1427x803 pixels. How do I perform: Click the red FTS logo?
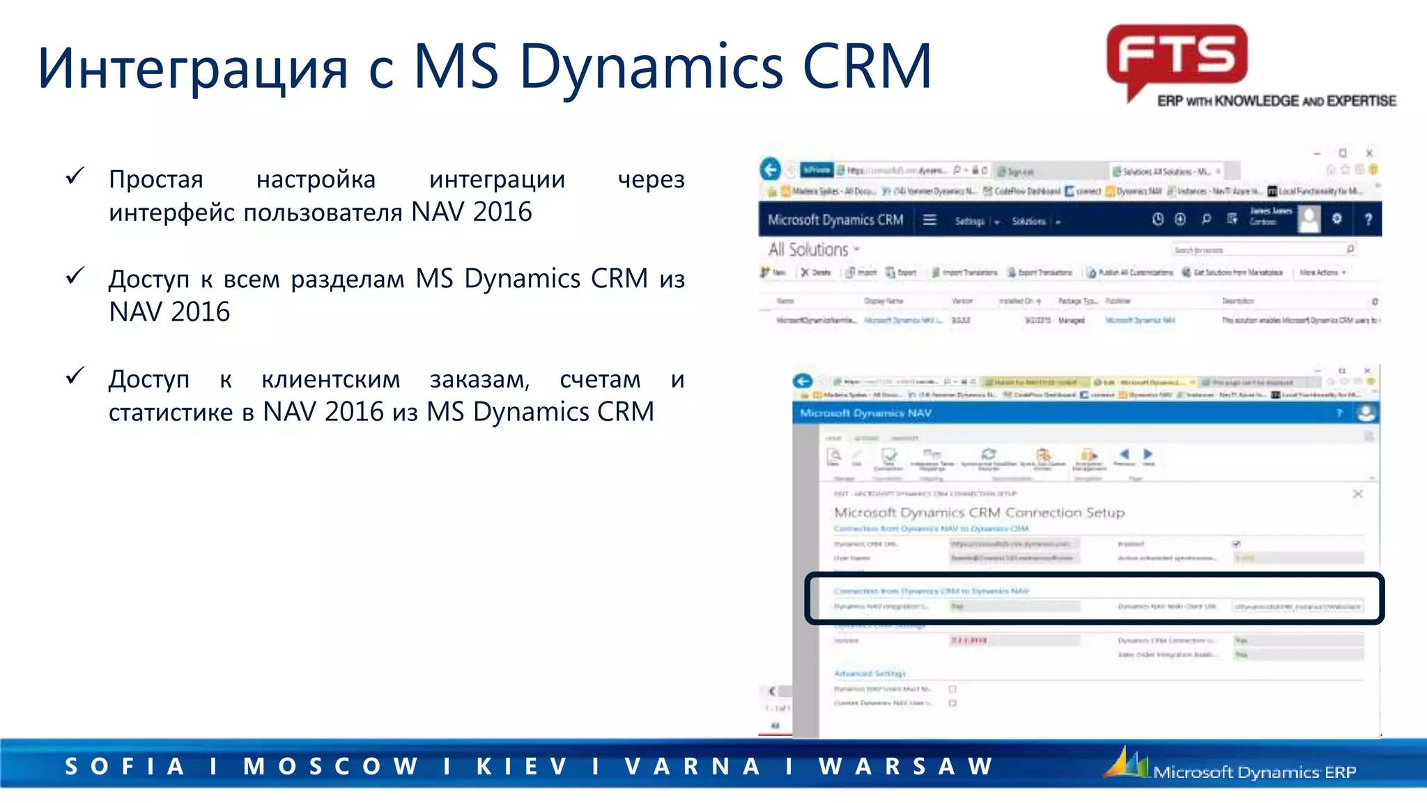point(1177,56)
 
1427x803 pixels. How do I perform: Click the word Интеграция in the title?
point(192,68)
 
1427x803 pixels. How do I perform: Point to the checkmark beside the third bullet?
point(75,376)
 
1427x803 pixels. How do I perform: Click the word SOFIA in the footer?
point(125,766)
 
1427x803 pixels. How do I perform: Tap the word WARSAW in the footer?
point(906,766)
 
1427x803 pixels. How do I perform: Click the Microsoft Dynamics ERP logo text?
point(1254,772)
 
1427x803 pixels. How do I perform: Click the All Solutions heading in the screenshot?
point(808,250)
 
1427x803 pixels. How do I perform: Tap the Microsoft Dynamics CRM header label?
point(835,220)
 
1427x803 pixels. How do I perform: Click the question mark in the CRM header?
point(1368,220)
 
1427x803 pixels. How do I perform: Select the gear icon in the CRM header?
point(1337,219)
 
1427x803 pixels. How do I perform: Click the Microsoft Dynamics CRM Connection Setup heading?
point(979,512)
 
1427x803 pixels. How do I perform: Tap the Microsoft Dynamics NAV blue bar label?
point(865,413)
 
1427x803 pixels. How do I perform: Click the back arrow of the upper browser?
point(770,169)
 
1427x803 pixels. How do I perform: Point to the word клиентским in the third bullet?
point(330,379)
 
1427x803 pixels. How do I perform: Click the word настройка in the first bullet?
point(316,179)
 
